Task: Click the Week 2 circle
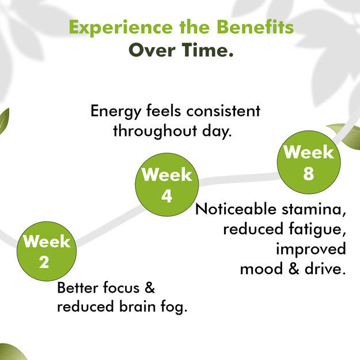coord(47,251)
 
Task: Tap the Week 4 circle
coord(167,184)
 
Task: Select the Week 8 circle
coord(309,162)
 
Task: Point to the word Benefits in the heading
coord(255,27)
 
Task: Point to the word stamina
coord(313,210)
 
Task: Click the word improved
coord(311,249)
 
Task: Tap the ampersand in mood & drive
coord(294,268)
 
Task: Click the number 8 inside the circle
coord(309,173)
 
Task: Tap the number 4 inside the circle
coord(166,196)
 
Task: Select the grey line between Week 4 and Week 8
coord(239,179)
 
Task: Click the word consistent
coord(223,111)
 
